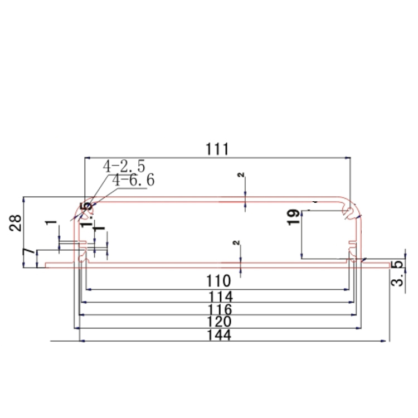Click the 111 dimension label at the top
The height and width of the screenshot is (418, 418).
pos(217,149)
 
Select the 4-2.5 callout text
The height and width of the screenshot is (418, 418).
pos(123,166)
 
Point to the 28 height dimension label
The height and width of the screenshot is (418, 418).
pos(17,223)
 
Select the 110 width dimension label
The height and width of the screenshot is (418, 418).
pos(217,280)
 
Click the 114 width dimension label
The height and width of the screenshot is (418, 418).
pos(218,296)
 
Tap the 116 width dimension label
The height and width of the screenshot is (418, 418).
pos(218,309)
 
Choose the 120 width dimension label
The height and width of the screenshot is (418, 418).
pos(218,322)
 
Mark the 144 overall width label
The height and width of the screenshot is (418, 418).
pos(218,335)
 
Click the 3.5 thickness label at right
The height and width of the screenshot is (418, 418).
pos(397,273)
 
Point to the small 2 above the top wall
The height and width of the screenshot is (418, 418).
pos(241,176)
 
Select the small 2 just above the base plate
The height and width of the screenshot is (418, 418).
pos(236,244)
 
